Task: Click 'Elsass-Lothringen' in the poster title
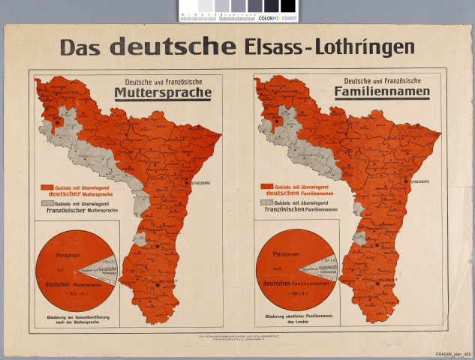[x=329, y=47]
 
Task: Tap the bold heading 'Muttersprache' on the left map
[x=163, y=94]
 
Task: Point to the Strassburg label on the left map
[x=197, y=181]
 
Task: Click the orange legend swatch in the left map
[x=47, y=187]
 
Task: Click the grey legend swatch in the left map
[x=47, y=203]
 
